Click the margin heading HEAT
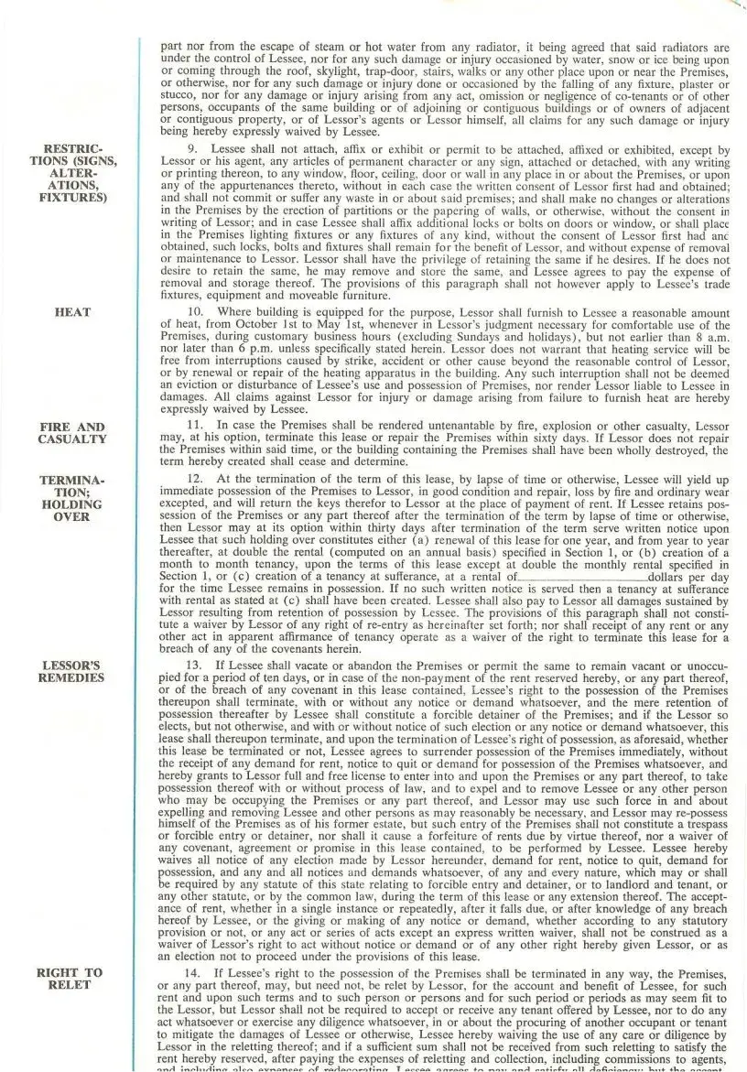tap(73, 312)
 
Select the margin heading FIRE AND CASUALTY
tap(73, 433)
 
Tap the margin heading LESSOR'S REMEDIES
tap(73, 671)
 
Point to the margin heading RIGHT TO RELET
tap(73, 978)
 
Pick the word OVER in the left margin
tap(73, 517)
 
